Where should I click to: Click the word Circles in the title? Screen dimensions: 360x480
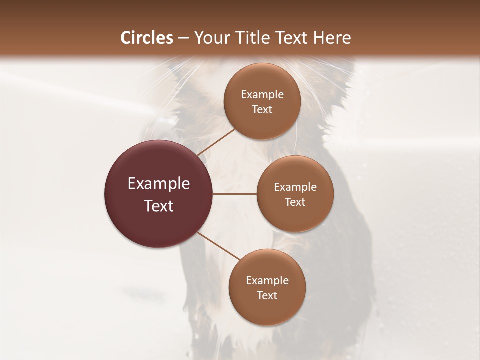point(147,38)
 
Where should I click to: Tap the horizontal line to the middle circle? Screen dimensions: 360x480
point(235,194)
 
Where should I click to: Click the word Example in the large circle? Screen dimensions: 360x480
point(159,184)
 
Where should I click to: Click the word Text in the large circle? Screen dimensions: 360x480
point(159,206)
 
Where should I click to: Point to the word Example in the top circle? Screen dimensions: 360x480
point(262,94)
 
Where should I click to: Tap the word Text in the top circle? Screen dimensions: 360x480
point(262,109)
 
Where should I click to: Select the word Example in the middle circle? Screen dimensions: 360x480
point(295,187)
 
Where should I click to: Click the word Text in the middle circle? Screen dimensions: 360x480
point(295,202)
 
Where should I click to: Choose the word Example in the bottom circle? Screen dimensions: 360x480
point(267,280)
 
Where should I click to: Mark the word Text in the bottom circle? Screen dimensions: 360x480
point(267,295)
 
